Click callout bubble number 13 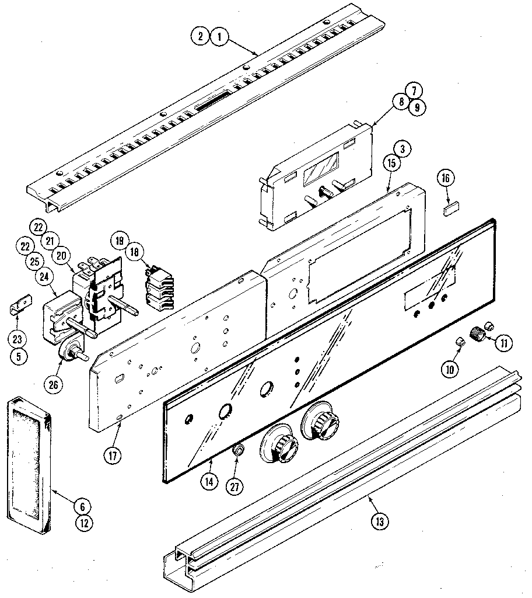pyautogui.click(x=379, y=521)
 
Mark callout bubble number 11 pyautogui.click(x=502, y=342)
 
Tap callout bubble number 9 pyautogui.click(x=416, y=107)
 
